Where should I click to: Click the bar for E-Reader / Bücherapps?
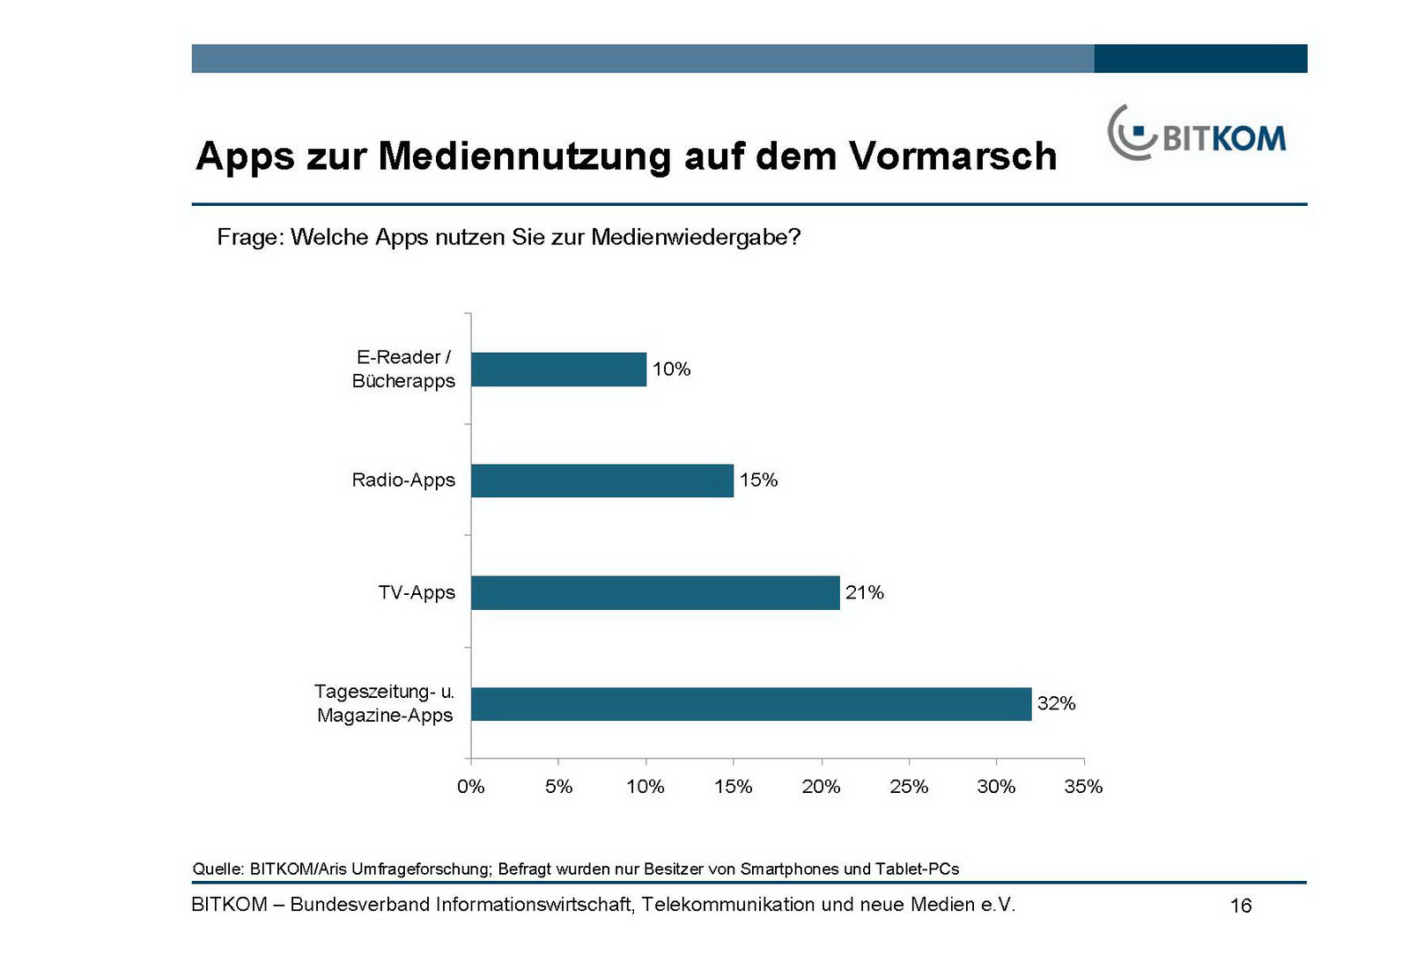pyautogui.click(x=558, y=370)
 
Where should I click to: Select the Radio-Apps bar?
pyautogui.click(x=602, y=481)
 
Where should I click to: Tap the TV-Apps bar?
pyautogui.click(x=655, y=592)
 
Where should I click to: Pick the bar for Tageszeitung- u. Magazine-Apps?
pyautogui.click(x=751, y=704)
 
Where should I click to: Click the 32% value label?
pyautogui.click(x=1056, y=703)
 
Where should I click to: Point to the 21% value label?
pyautogui.click(x=864, y=592)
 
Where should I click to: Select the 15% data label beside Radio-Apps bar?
pyautogui.click(x=758, y=481)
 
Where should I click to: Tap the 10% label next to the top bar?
pyautogui.click(x=671, y=370)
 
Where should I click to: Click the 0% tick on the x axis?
pyautogui.click(x=471, y=787)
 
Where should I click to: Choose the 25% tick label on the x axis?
pyautogui.click(x=909, y=787)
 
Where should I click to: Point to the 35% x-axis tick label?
pyautogui.click(x=1083, y=787)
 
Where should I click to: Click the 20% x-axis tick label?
pyautogui.click(x=821, y=787)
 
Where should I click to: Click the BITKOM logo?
pyautogui.click(x=1197, y=135)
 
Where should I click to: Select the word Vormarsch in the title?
pyautogui.click(x=953, y=157)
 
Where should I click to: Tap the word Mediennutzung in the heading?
pyautogui.click(x=525, y=157)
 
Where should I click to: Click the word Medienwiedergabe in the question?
pyautogui.click(x=695, y=238)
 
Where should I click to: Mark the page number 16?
pyautogui.click(x=1240, y=906)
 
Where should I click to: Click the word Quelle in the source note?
pyautogui.click(x=217, y=870)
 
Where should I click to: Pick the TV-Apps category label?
pyautogui.click(x=417, y=592)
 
